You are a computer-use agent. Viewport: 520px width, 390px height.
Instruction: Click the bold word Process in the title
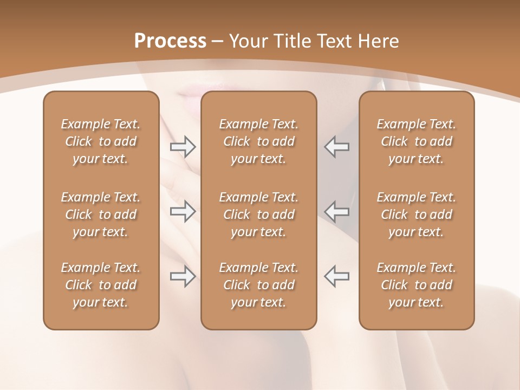click(170, 41)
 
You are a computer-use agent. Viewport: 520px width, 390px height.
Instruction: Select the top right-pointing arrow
click(183, 147)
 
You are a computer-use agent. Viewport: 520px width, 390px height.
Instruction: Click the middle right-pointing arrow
click(183, 211)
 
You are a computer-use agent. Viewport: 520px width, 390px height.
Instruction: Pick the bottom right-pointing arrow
click(183, 276)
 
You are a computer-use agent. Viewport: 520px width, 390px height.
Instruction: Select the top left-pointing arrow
click(336, 147)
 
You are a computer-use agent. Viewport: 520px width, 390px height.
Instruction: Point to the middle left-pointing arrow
click(336, 211)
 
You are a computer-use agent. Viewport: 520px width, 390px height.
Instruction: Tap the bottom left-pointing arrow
click(336, 276)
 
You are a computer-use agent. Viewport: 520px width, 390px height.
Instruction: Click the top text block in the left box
click(101, 141)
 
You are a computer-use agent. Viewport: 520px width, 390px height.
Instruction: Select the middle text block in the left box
click(101, 214)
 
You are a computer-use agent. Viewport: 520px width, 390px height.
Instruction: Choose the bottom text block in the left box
click(101, 285)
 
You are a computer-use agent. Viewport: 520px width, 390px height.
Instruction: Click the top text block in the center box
click(259, 141)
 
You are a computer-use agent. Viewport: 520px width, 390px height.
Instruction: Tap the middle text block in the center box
click(259, 214)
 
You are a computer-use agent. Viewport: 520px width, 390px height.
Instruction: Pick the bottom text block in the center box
click(259, 285)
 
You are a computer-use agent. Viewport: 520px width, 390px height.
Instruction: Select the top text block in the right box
click(417, 141)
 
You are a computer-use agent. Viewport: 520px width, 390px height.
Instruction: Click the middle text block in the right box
click(417, 214)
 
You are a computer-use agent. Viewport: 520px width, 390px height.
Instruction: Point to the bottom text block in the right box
click(417, 285)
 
